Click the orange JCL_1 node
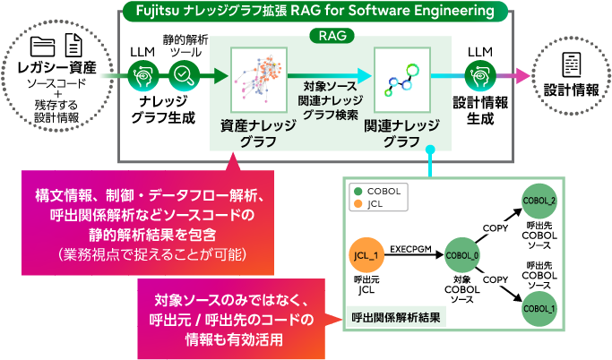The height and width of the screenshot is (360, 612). coord(367,257)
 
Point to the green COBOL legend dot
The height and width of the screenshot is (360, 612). coord(358,191)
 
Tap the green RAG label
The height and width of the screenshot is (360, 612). coord(333,37)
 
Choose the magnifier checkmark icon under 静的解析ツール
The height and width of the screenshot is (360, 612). coord(182,77)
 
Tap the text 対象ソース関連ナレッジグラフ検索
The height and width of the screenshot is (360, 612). coord(331,99)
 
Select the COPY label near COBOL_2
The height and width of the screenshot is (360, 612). coord(496,227)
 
